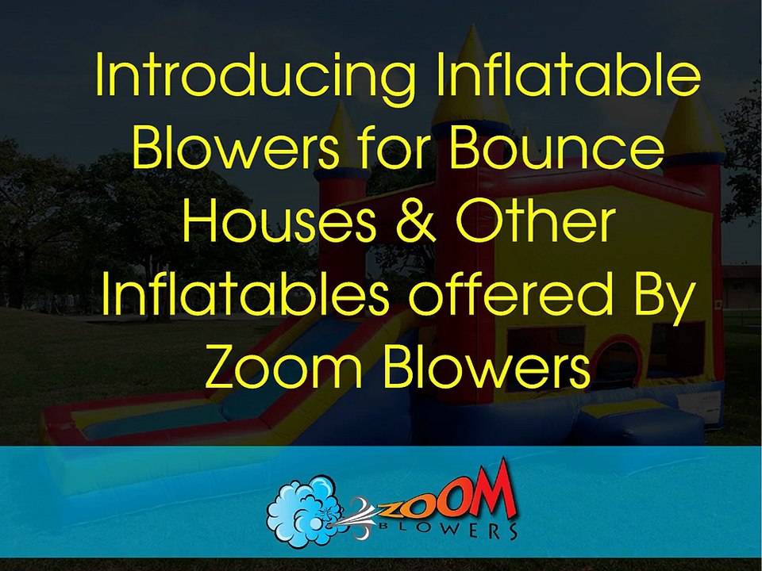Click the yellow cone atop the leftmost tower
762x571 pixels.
tap(342, 135)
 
